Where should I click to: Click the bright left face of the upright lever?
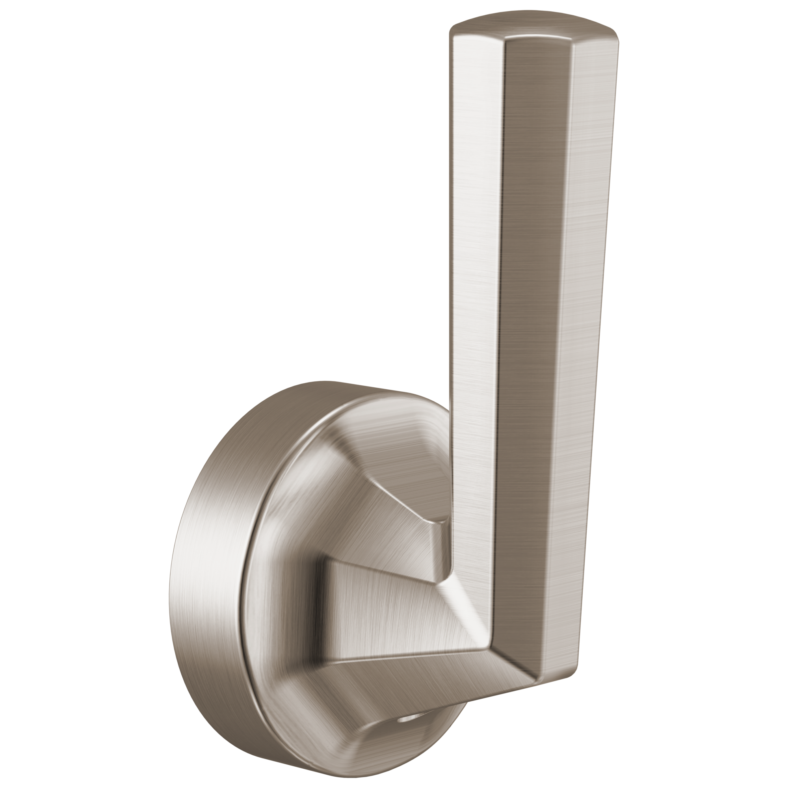click(475, 286)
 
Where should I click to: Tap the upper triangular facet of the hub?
click(392, 489)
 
